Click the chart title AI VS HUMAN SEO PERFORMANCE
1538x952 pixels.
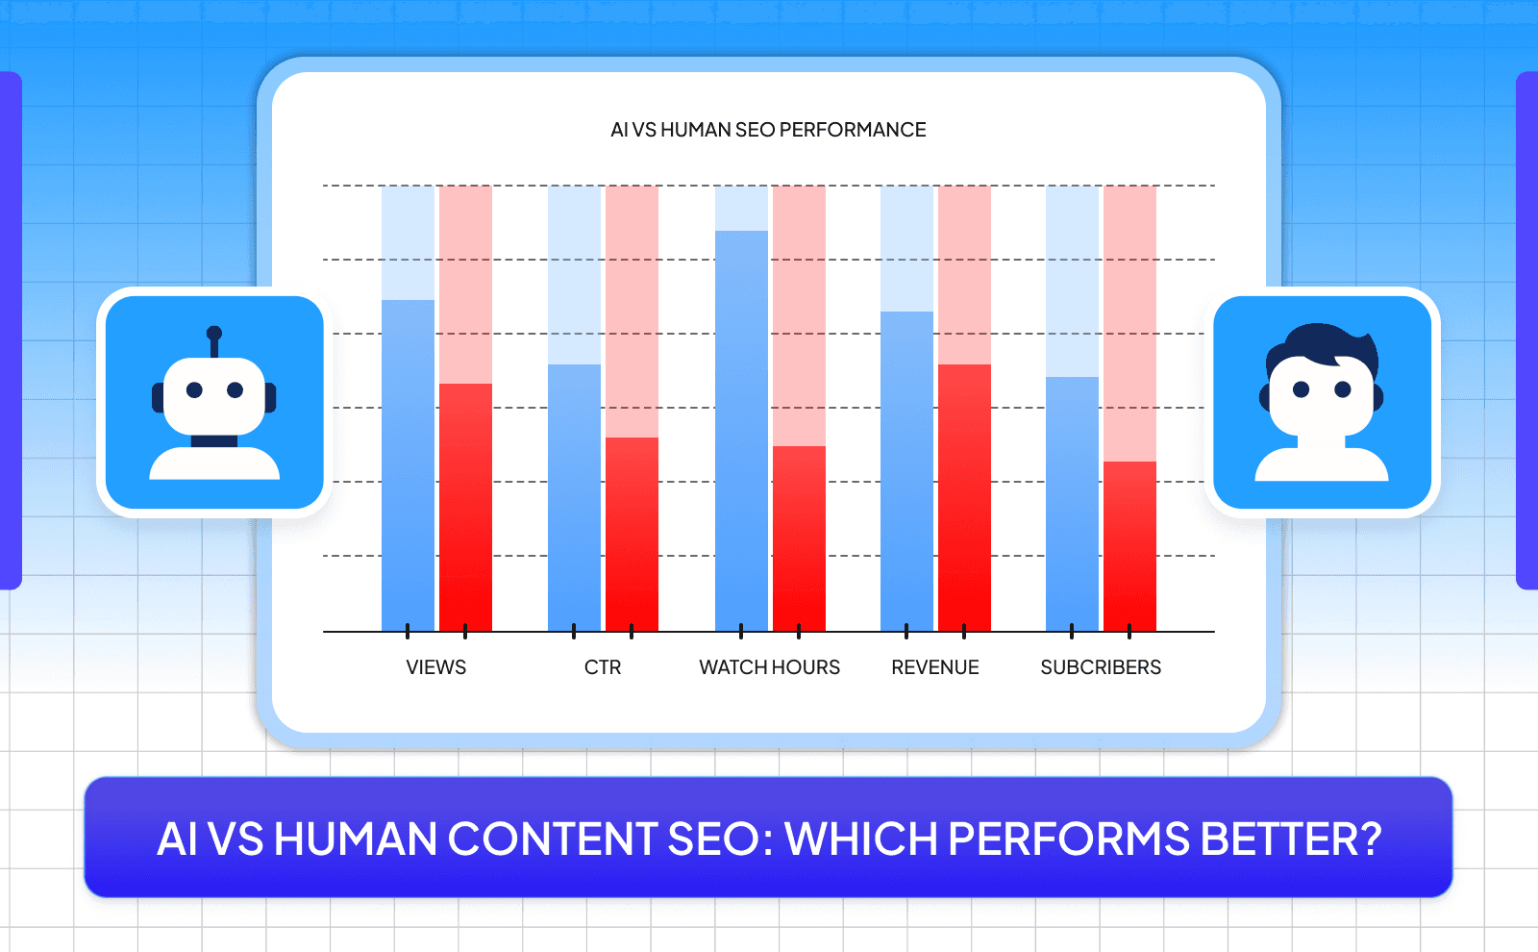click(768, 130)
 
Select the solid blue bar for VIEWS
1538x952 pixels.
click(408, 465)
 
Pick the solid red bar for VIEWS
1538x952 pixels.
click(465, 507)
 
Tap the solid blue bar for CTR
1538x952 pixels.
click(574, 497)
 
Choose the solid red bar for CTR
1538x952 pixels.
click(632, 534)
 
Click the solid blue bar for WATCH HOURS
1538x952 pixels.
click(741, 431)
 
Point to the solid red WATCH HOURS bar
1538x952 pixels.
click(799, 539)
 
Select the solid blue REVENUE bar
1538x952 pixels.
click(906, 471)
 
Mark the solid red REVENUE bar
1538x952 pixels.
click(964, 497)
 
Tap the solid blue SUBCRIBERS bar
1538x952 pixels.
click(1072, 504)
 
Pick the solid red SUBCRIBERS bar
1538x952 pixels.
click(1129, 546)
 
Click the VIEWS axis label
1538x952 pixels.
click(435, 667)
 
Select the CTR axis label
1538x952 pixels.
click(603, 667)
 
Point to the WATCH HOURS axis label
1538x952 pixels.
click(769, 667)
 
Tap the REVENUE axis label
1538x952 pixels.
click(934, 667)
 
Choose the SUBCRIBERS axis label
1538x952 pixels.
click(1101, 667)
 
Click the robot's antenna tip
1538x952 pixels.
click(214, 334)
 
